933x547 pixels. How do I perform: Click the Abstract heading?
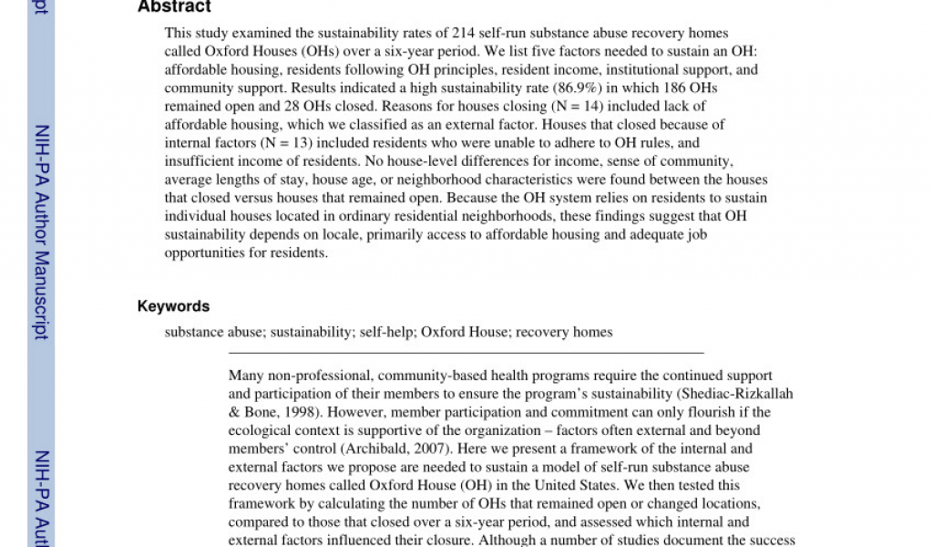coord(174,7)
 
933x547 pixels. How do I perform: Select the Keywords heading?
coord(173,306)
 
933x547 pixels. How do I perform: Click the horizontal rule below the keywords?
coord(465,352)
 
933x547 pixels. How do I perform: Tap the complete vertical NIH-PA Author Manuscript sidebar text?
coord(41,232)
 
